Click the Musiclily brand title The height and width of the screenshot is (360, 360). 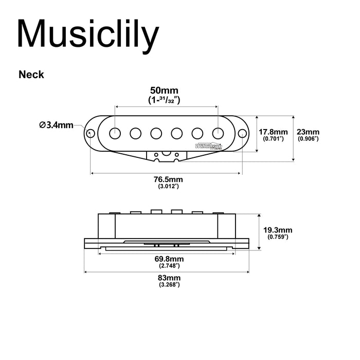[87, 35]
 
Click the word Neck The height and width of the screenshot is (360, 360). [31, 75]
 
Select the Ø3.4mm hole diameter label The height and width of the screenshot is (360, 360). [56, 125]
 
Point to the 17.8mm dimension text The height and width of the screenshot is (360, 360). [270, 132]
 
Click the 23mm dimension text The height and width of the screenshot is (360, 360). [309, 132]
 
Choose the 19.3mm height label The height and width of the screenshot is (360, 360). [277, 230]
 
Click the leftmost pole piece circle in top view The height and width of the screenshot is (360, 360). [115, 133]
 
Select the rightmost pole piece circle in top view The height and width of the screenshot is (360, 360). [218, 133]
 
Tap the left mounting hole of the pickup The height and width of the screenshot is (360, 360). [91, 133]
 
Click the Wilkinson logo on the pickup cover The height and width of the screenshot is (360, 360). [209, 146]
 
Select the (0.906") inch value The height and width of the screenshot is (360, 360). [309, 139]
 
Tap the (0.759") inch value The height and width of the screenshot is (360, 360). [277, 237]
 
